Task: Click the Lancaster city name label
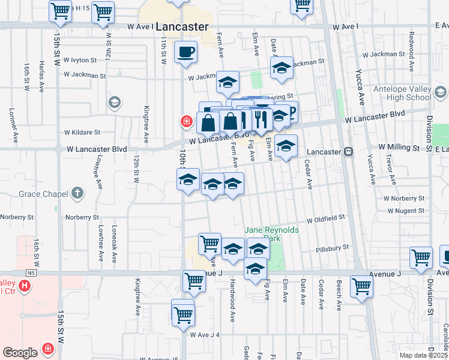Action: (181, 27)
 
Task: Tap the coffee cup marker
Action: (186, 52)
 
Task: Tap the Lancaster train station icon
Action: (348, 152)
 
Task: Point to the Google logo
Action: (20, 353)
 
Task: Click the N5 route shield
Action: (31, 273)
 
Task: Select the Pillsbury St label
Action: (333, 247)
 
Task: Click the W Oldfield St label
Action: (325, 220)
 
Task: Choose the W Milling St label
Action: (398, 147)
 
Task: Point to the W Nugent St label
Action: (406, 211)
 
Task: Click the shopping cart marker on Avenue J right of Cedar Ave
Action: (361, 287)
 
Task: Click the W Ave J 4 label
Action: (205, 334)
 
